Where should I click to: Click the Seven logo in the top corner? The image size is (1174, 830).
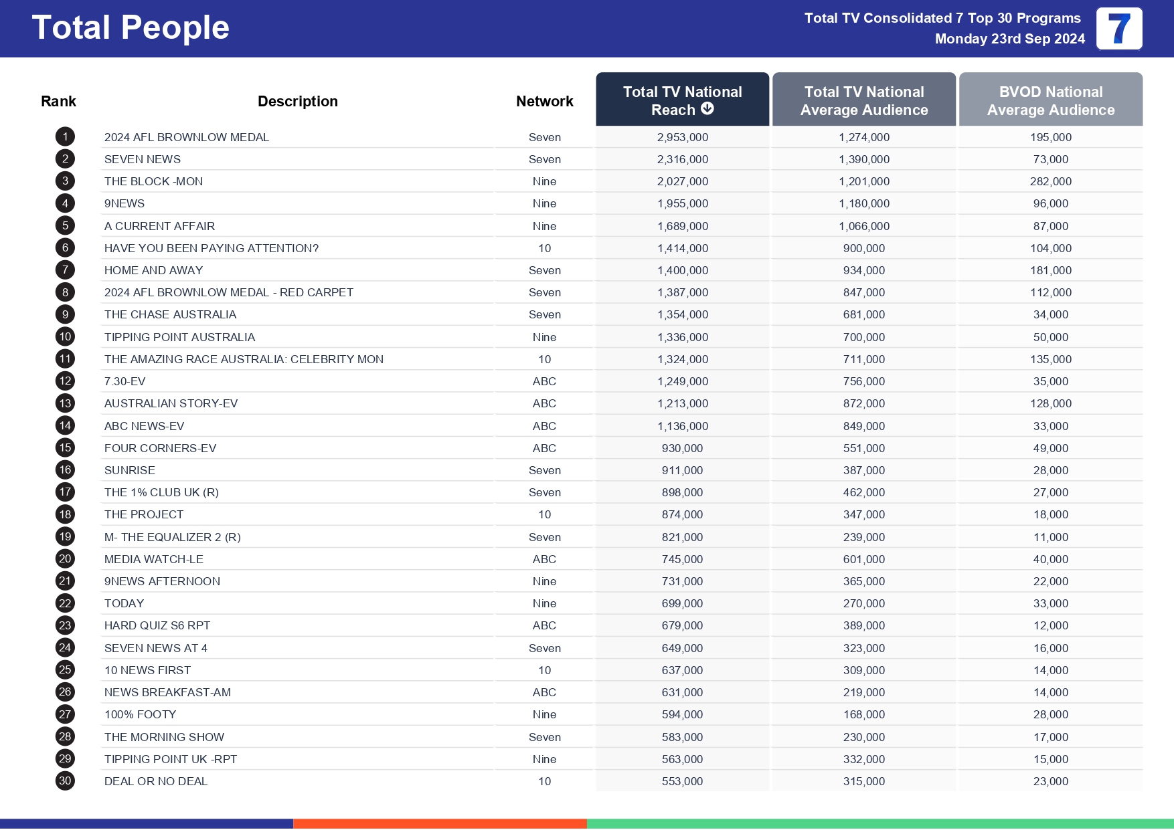1118,29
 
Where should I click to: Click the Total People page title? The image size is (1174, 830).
131,28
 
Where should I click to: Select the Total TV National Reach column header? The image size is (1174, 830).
682,100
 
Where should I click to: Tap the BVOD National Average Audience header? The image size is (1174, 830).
1050,100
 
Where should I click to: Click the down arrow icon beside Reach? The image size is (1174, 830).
707,109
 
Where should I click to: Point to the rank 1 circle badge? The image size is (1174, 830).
65,137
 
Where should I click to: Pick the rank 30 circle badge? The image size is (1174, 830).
65,781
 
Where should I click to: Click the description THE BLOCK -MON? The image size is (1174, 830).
153,181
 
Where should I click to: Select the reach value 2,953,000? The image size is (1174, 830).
682,137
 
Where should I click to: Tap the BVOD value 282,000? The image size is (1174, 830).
1050,181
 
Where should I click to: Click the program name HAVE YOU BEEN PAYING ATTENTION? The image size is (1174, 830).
212,248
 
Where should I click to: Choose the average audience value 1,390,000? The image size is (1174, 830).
863,159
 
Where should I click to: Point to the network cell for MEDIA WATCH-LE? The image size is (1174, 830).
544,559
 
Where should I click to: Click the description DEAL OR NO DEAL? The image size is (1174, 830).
156,781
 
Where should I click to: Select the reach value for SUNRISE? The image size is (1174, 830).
682,470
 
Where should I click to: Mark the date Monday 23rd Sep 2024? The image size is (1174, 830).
1009,39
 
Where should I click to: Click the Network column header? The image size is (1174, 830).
544,101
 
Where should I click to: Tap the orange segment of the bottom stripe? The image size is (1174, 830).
440,823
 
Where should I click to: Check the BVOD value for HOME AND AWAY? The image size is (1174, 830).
1050,270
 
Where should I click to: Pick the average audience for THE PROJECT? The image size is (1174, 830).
863,514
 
